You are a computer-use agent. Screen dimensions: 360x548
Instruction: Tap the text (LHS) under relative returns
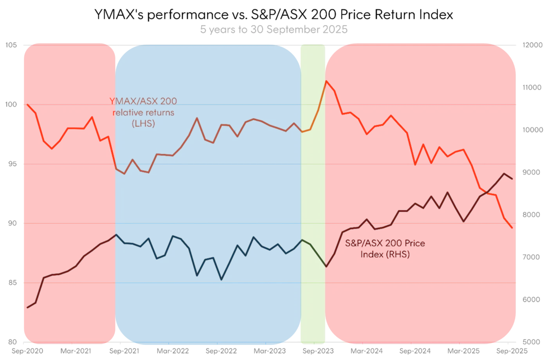point(144,124)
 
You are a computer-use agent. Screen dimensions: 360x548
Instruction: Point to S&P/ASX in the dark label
point(363,243)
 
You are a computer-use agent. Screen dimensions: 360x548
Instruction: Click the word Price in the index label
point(414,243)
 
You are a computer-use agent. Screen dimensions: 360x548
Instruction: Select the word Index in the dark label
point(370,255)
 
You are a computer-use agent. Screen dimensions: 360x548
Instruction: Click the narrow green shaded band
point(312,196)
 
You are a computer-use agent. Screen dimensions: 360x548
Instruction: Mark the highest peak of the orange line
point(326,81)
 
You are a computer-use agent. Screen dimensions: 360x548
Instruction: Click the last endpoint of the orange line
point(512,228)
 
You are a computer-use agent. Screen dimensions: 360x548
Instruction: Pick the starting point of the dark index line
point(27,308)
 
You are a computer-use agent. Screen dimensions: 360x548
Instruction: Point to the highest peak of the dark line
point(504,173)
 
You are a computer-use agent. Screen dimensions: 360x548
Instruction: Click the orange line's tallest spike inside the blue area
point(197,118)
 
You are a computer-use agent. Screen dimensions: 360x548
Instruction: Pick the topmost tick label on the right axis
point(532,46)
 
